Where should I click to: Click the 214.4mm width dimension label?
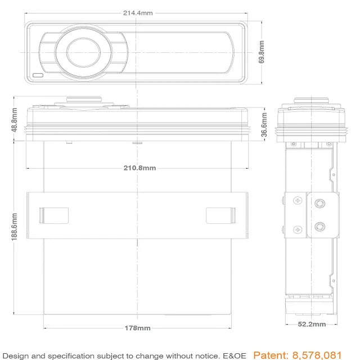[137, 12]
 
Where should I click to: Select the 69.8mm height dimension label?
[262, 52]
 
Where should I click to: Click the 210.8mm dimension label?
[139, 168]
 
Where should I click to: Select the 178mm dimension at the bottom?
[137, 328]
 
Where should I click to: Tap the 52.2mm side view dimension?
[312, 324]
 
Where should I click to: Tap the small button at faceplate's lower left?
[38, 75]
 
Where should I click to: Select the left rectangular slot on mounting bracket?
[53, 215]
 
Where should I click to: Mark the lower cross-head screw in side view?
[298, 229]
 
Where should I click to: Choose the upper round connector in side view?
[320, 204]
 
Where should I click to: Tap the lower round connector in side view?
[320, 227]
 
